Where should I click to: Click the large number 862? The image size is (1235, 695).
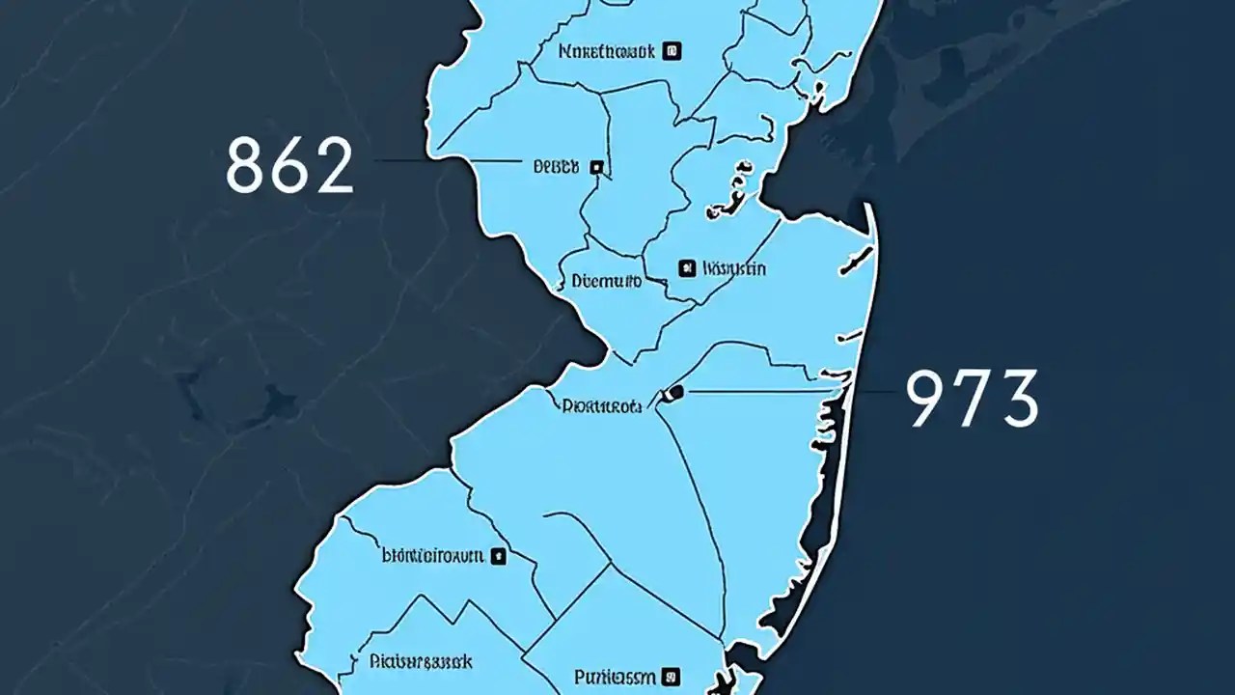[x=289, y=165]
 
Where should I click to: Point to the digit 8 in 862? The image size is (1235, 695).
[x=245, y=165]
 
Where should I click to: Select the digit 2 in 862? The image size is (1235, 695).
[x=332, y=165]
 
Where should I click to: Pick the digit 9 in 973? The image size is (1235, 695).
[x=927, y=400]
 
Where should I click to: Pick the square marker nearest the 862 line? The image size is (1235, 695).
[x=596, y=166]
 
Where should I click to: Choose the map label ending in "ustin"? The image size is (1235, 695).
[x=735, y=267]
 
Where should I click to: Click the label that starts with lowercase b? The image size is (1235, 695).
[x=431, y=555]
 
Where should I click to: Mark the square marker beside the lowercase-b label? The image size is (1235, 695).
[x=498, y=555]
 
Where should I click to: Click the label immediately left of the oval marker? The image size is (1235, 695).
[x=600, y=406]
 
